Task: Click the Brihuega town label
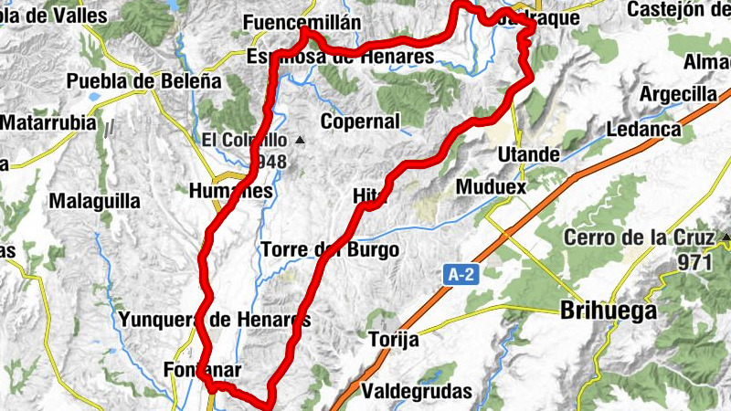coord(607,311)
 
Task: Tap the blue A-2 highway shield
coord(461,274)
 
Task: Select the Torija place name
coord(393,340)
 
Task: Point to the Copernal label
coord(360,121)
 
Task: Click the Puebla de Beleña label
coord(144,80)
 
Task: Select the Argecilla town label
coord(678,95)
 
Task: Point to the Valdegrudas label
coord(418,392)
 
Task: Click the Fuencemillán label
coord(302,23)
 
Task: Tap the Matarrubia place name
coord(48,121)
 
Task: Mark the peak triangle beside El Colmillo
coord(300,141)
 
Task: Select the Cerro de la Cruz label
coord(638,238)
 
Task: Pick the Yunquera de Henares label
coord(215,320)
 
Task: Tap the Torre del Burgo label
coord(329,249)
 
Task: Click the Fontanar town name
coord(189,371)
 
